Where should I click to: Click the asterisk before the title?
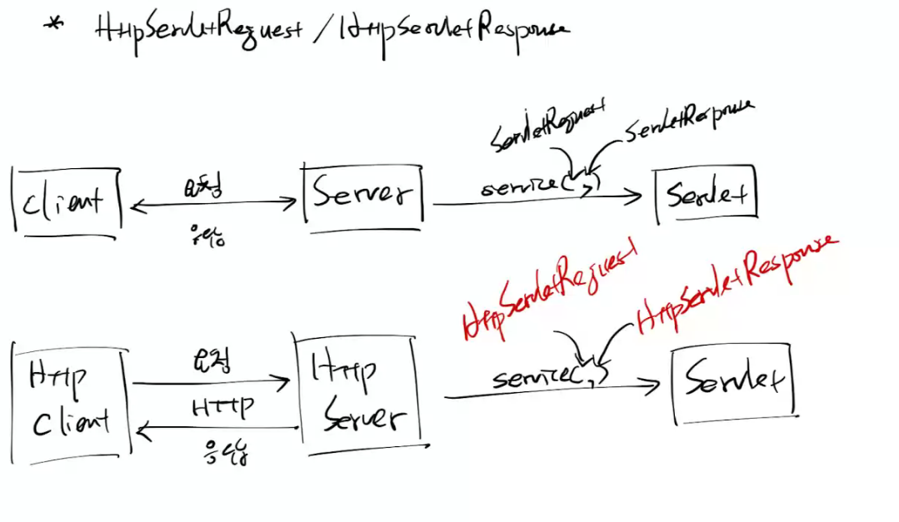tap(53, 24)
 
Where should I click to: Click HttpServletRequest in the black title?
tap(198, 31)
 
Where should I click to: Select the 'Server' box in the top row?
tap(363, 195)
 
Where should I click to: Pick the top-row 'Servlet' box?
tap(707, 196)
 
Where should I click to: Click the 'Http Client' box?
tap(70, 400)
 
